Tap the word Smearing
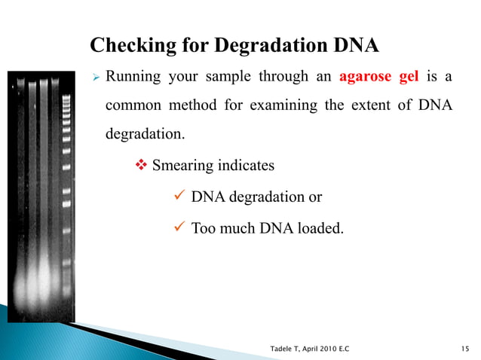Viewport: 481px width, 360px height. (184, 165)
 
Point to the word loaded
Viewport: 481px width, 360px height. (322, 227)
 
